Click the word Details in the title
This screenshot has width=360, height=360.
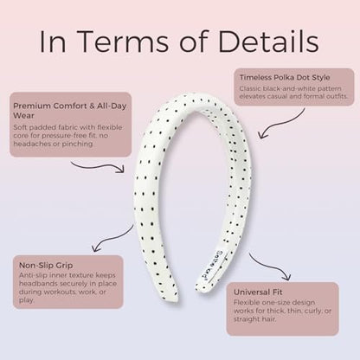[x=268, y=41]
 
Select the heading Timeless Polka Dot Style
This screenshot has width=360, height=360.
[x=285, y=78]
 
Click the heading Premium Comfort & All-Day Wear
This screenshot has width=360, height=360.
[x=70, y=111]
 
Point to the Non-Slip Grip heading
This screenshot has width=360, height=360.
[x=46, y=266]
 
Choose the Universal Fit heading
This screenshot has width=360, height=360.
[x=258, y=292]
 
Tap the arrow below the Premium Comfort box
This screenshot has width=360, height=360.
[x=98, y=167]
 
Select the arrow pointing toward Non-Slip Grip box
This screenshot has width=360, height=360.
[x=112, y=239]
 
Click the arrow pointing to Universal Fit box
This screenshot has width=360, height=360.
[x=270, y=267]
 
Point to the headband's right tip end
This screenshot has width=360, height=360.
[x=201, y=286]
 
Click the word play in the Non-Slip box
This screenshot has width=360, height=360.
[x=26, y=300]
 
